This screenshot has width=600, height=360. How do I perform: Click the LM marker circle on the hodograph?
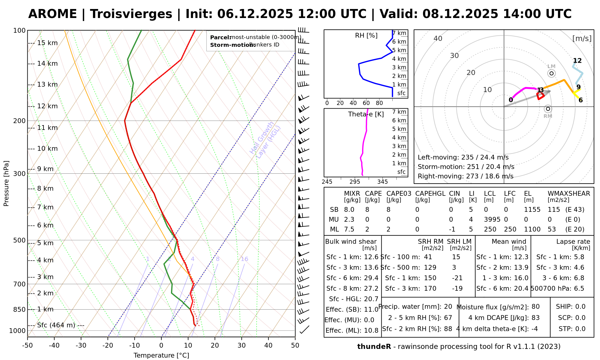551,73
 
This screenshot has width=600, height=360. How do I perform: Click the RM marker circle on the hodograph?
548,109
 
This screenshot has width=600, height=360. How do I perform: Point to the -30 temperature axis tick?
81,346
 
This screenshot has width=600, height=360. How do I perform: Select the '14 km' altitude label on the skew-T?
47,64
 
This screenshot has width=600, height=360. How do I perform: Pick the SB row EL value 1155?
532,210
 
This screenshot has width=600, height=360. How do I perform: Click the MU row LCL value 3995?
492,220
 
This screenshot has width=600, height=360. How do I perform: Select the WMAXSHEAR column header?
569,194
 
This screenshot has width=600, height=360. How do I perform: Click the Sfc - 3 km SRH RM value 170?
430,289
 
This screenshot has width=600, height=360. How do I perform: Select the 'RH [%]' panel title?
366,36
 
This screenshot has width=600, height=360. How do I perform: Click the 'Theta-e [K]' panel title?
366,114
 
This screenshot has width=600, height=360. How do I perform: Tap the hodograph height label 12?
577,61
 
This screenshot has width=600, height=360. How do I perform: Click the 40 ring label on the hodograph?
438,38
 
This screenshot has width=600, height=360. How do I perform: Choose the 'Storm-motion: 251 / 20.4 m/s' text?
466,167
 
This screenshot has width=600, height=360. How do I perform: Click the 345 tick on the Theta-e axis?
382,182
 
